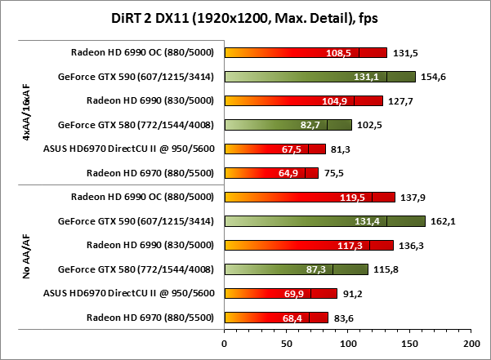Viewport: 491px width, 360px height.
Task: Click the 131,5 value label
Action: pyautogui.click(x=405, y=53)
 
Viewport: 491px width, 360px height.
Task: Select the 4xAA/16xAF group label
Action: pyautogui.click(x=28, y=113)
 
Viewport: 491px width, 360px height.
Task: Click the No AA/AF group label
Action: pyautogui.click(x=28, y=257)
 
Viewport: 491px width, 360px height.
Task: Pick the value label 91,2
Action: pyautogui.click(x=355, y=294)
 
